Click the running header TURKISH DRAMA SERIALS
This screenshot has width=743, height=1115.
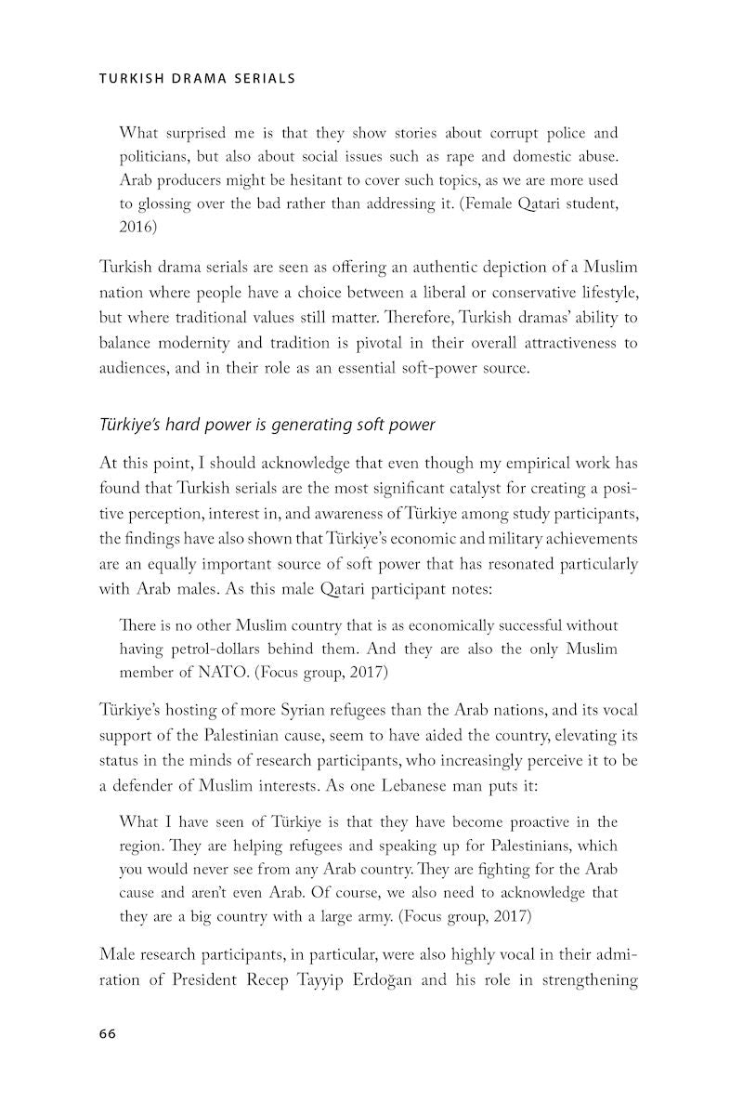(x=197, y=79)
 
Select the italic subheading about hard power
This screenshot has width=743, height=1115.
(x=267, y=426)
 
